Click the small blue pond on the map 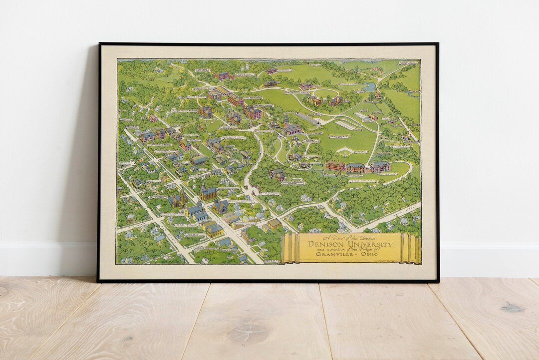370,87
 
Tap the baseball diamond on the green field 345,151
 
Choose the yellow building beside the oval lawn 314,101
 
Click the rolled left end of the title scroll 286,248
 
